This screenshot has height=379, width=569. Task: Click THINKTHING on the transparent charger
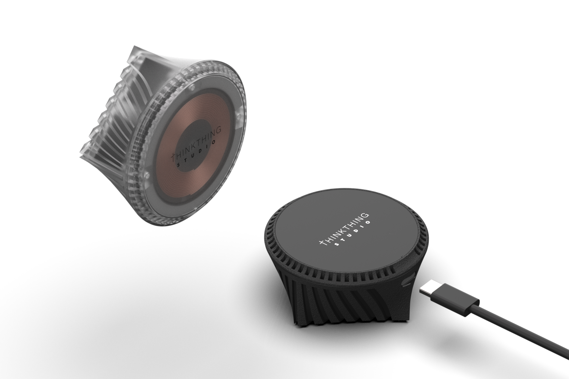(x=197, y=142)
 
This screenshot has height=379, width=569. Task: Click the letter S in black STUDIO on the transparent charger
(x=179, y=165)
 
